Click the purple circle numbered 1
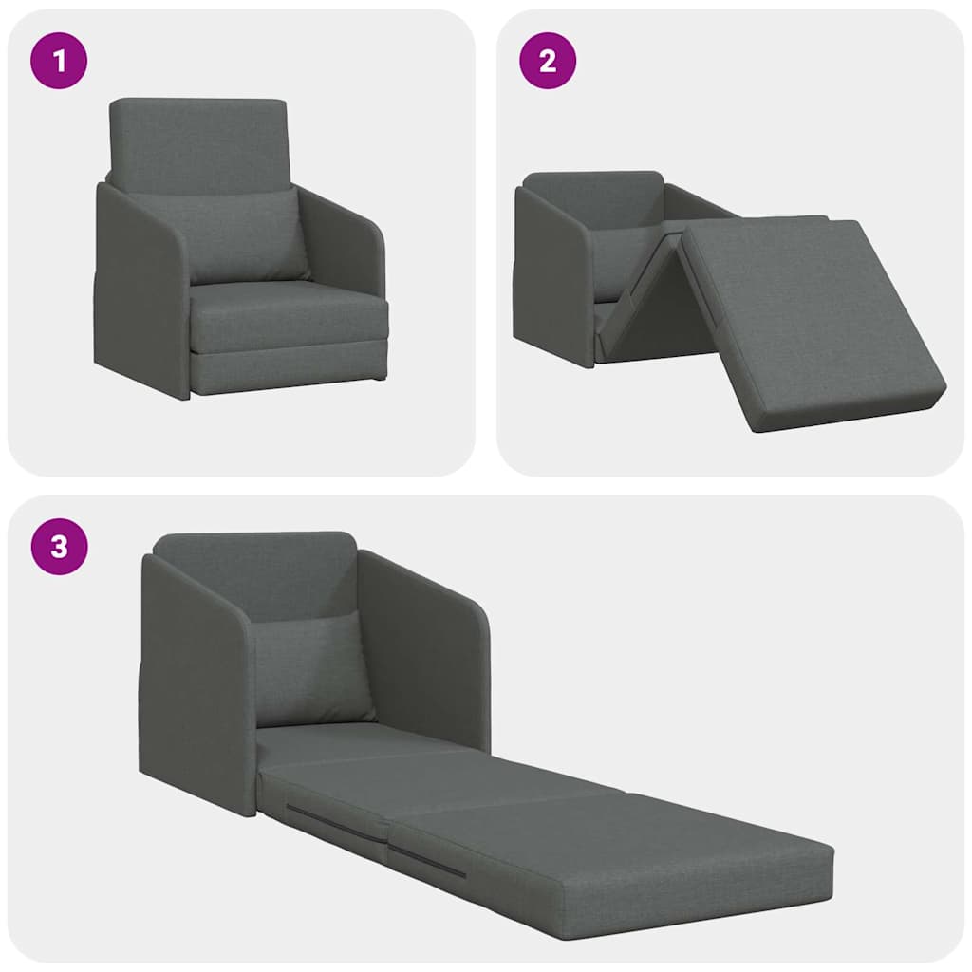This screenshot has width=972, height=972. coord(60,62)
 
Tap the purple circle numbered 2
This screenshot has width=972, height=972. coord(548,62)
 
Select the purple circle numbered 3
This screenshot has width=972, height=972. coord(60,548)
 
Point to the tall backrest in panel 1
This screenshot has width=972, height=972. coord(198,142)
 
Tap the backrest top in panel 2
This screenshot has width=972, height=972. coord(593,185)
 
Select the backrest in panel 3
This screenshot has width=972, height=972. coord(256,574)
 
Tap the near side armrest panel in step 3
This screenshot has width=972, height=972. coord(195,683)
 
